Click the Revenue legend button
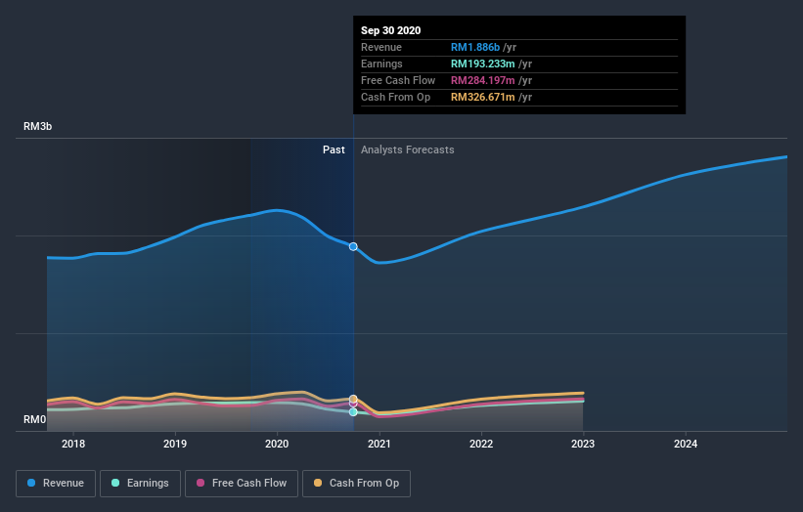(x=56, y=483)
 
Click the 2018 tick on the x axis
(x=72, y=445)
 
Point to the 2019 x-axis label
(x=175, y=445)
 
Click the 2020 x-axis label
(x=277, y=445)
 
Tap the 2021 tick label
(x=379, y=445)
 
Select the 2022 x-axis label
(x=481, y=445)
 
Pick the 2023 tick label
(x=583, y=445)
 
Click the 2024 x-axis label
(x=686, y=445)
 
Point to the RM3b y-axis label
(x=39, y=127)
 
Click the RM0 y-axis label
(x=35, y=420)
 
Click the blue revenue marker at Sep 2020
(x=353, y=246)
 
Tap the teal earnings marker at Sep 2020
(x=353, y=412)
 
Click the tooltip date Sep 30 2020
(x=390, y=30)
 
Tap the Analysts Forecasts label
(x=407, y=149)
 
